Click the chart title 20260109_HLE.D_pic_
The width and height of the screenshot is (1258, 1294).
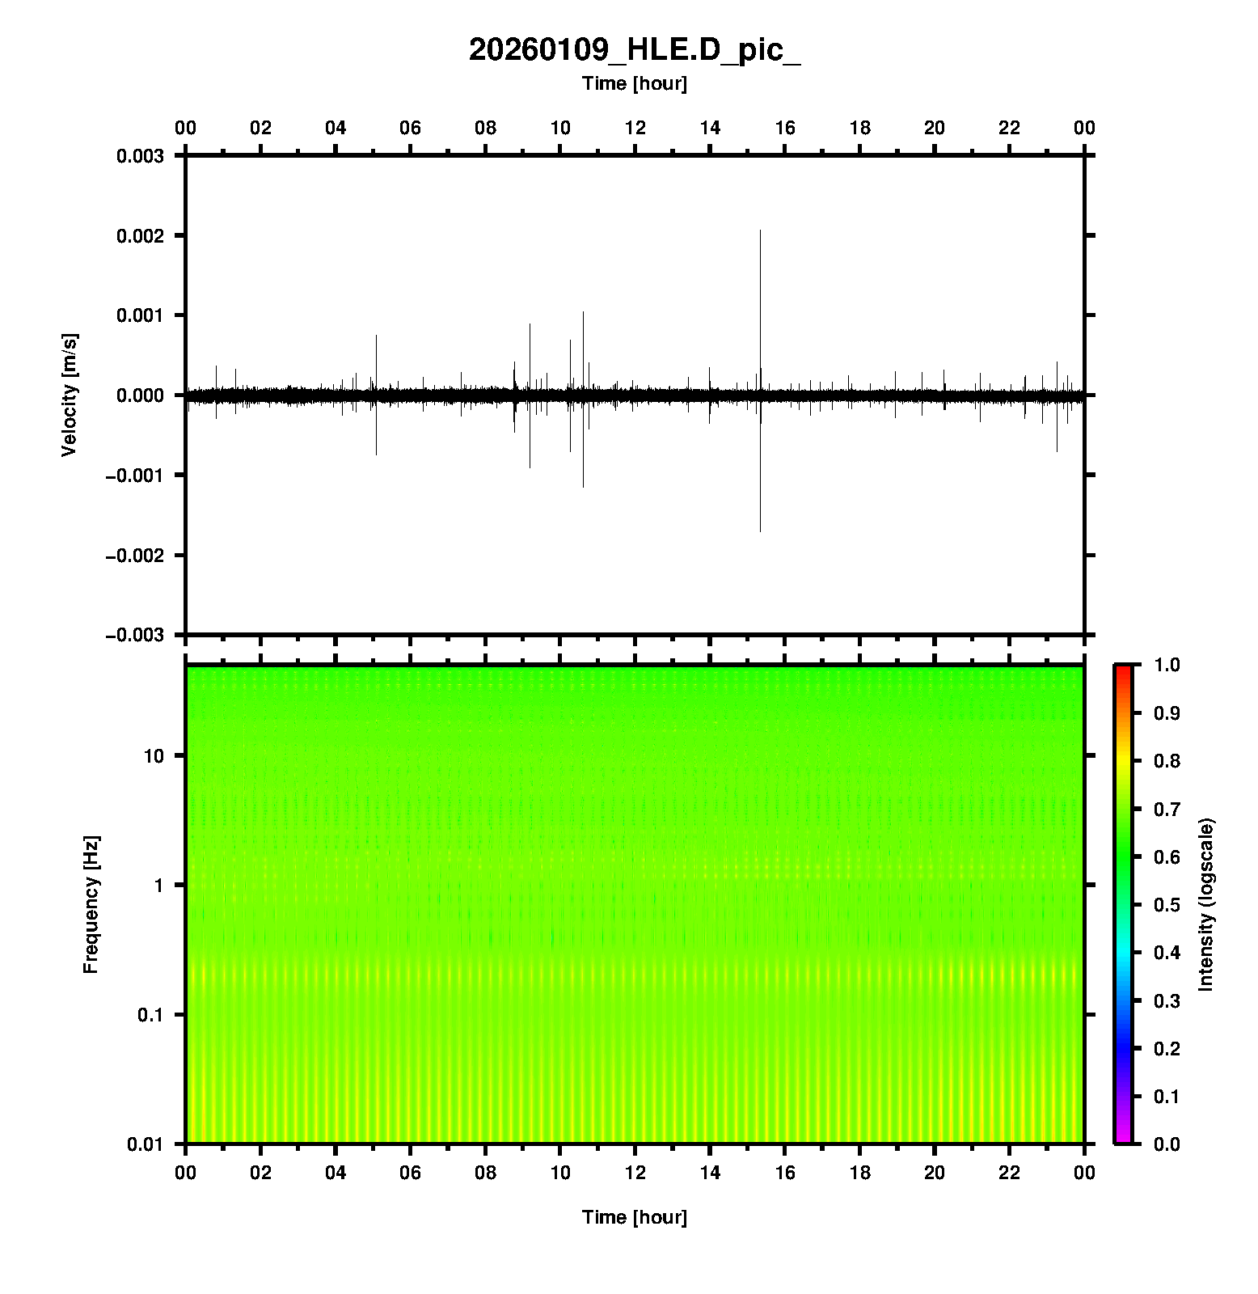coord(634,50)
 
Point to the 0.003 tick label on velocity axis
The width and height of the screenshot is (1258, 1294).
coord(141,156)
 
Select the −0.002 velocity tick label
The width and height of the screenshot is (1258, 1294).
coord(135,555)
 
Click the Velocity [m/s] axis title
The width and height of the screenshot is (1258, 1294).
coord(70,395)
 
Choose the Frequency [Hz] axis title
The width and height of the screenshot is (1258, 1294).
coord(91,905)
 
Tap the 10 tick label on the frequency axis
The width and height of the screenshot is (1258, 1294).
coord(154,756)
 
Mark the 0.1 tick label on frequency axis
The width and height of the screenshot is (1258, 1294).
coord(150,1015)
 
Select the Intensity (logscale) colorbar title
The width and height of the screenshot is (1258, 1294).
coord(1206,904)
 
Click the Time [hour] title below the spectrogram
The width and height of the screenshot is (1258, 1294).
coord(634,1217)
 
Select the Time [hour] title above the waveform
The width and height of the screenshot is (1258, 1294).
coord(634,83)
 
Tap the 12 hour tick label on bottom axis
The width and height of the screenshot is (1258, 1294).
coord(635,1172)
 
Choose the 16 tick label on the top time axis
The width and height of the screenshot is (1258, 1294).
coord(785,128)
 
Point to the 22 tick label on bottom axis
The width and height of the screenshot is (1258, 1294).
coord(1010,1172)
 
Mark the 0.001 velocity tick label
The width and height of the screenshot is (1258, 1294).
coord(141,315)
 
